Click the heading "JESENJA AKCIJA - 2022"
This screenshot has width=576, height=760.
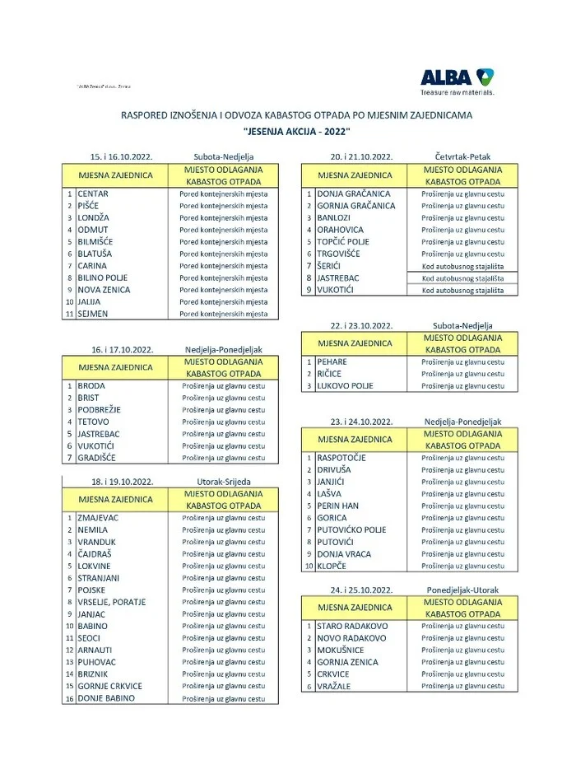pyautogui.click(x=297, y=132)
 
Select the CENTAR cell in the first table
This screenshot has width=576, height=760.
pyautogui.click(x=93, y=194)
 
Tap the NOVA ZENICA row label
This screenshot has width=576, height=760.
pyautogui.click(x=104, y=290)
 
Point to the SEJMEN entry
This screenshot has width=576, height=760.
pyautogui.click(x=93, y=314)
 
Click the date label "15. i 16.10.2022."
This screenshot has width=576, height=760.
pyautogui.click(x=121, y=156)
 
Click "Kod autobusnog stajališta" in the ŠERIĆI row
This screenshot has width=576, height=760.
pyautogui.click(x=462, y=266)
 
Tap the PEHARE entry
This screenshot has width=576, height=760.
pyautogui.click(x=332, y=362)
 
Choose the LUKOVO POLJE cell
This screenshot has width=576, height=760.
pyautogui.click(x=345, y=385)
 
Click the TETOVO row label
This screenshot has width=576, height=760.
pyautogui.click(x=93, y=422)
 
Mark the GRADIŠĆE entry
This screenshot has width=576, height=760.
pyautogui.click(x=97, y=458)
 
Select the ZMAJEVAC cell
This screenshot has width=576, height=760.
pyautogui.click(x=99, y=518)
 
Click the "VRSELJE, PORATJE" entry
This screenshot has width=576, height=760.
pyautogui.click(x=112, y=602)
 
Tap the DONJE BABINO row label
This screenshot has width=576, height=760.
pyautogui.click(x=106, y=698)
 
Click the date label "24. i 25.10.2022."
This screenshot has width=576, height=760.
pyautogui.click(x=361, y=590)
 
